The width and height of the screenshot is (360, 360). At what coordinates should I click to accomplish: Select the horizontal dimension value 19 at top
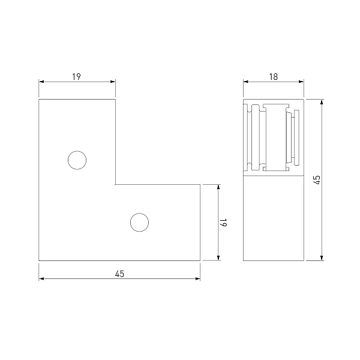[76, 76]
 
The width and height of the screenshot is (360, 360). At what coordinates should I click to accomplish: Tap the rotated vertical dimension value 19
[223, 222]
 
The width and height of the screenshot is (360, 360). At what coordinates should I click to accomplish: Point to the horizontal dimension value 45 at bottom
[119, 274]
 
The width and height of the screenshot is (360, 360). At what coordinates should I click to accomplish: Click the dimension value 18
[274, 76]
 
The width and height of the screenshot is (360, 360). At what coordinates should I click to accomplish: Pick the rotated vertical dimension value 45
[317, 180]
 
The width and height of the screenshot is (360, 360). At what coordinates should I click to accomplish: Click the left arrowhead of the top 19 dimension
[41, 82]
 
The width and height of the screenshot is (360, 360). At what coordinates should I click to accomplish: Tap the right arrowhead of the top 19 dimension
[113, 82]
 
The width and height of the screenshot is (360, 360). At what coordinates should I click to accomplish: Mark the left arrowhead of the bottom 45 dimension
[41, 279]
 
